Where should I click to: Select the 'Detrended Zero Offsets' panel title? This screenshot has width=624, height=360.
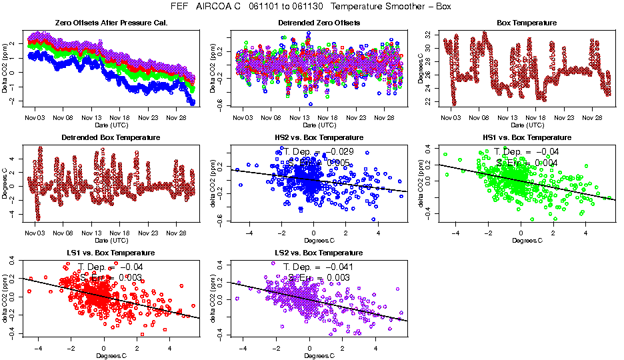point(319,23)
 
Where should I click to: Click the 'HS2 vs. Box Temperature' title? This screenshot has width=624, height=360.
point(319,138)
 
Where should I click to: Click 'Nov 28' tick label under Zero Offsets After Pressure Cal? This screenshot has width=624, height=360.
point(176,118)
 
